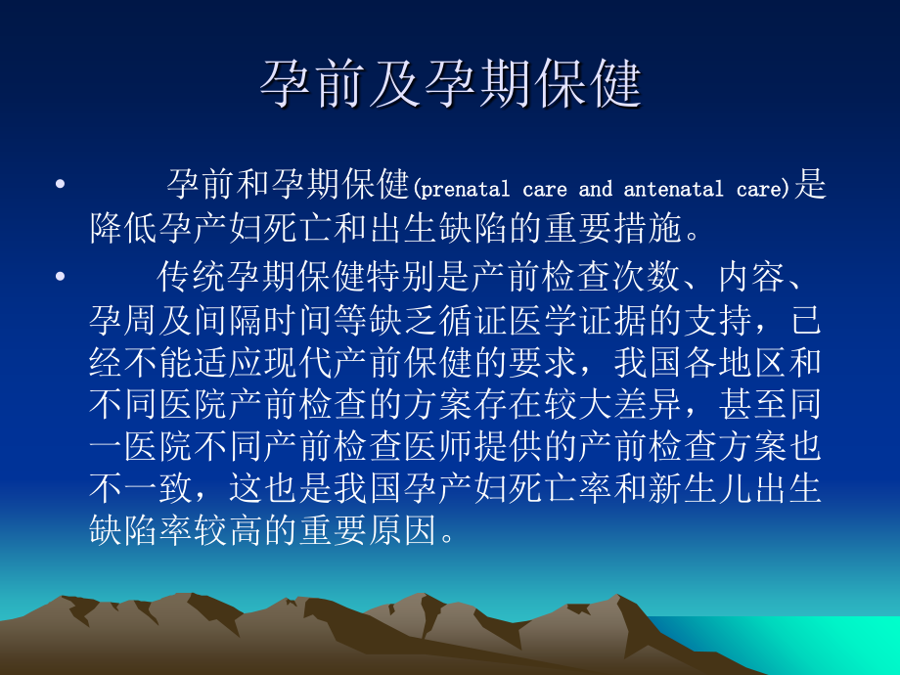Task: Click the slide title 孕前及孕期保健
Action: [450, 85]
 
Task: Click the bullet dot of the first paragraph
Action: [62, 184]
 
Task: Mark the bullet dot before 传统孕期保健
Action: [62, 277]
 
